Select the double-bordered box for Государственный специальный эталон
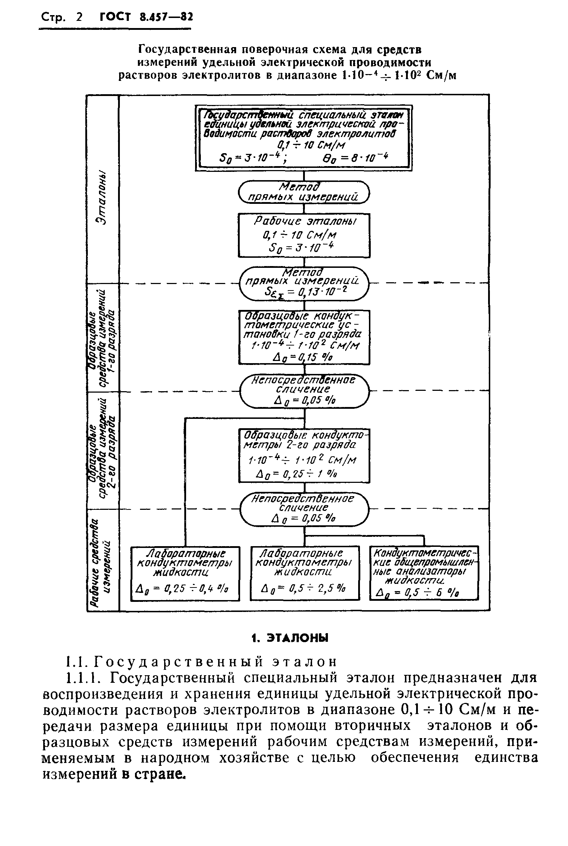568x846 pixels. click(303, 137)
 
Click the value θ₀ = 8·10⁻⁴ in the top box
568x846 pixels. click(355, 158)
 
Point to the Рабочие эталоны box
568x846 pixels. click(303, 235)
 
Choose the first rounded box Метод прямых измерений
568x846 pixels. click(303, 192)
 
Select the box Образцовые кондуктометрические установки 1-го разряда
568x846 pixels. click(303, 337)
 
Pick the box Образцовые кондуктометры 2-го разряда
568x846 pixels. click(303, 455)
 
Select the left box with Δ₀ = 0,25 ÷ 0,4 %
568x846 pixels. click(185, 573)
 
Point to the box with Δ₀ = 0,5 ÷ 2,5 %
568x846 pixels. click(305, 573)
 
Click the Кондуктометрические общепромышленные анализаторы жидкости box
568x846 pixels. click(423, 573)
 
